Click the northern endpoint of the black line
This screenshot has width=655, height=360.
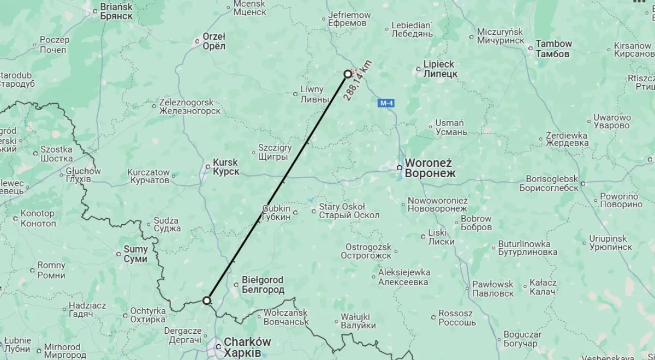348,74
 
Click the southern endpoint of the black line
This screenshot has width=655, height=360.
207,300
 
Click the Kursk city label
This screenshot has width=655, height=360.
225,167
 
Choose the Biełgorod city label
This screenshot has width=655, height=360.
263,285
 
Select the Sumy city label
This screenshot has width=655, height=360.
136,254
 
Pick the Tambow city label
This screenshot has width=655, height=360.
553,49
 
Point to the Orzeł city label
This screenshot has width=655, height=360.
214,41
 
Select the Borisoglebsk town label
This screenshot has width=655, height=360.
552,183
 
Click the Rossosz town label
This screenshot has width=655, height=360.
455,317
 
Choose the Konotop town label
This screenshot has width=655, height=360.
38,218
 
